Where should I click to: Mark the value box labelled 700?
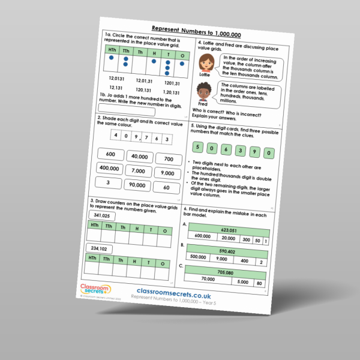(x=169, y=160)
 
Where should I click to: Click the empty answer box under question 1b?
(x=130, y=111)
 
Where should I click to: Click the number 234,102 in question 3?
(x=97, y=248)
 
